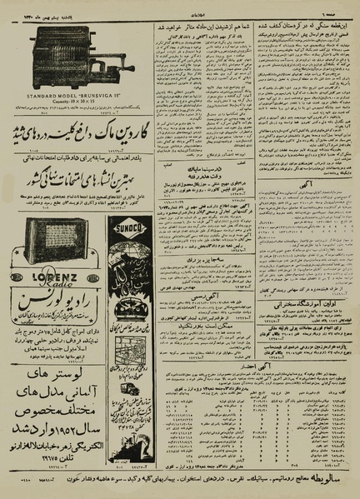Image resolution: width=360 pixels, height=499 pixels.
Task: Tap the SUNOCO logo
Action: click(x=136, y=224)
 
